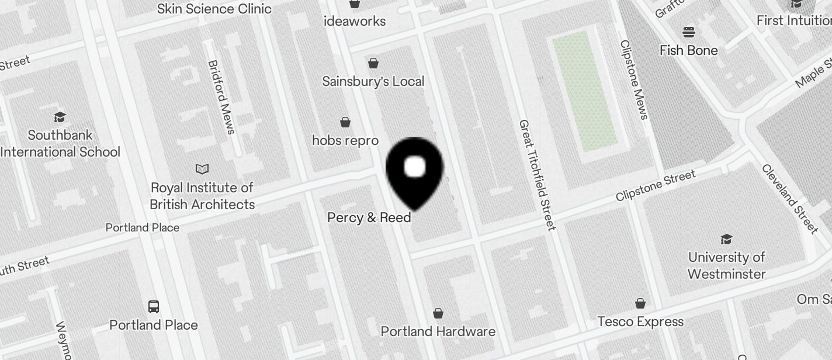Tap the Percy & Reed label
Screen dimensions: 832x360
[369, 217]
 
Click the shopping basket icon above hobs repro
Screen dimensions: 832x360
[345, 122]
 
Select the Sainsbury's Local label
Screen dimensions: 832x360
[373, 81]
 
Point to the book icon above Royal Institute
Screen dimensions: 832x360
[202, 169]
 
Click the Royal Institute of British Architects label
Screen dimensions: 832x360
[202, 196]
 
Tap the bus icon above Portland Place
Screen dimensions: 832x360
[154, 306]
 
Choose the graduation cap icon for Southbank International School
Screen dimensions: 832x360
[60, 117]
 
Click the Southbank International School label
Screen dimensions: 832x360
[60, 144]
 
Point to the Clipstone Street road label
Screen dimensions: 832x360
[656, 186]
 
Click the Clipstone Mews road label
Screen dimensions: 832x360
[634, 79]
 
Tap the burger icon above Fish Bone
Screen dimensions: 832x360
[689, 32]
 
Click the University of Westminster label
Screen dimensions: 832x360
[727, 265]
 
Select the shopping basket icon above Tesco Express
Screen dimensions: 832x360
[640, 303]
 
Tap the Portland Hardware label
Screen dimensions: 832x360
[438, 331]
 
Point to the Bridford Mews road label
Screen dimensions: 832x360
[221, 97]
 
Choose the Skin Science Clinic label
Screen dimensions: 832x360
[214, 9]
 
